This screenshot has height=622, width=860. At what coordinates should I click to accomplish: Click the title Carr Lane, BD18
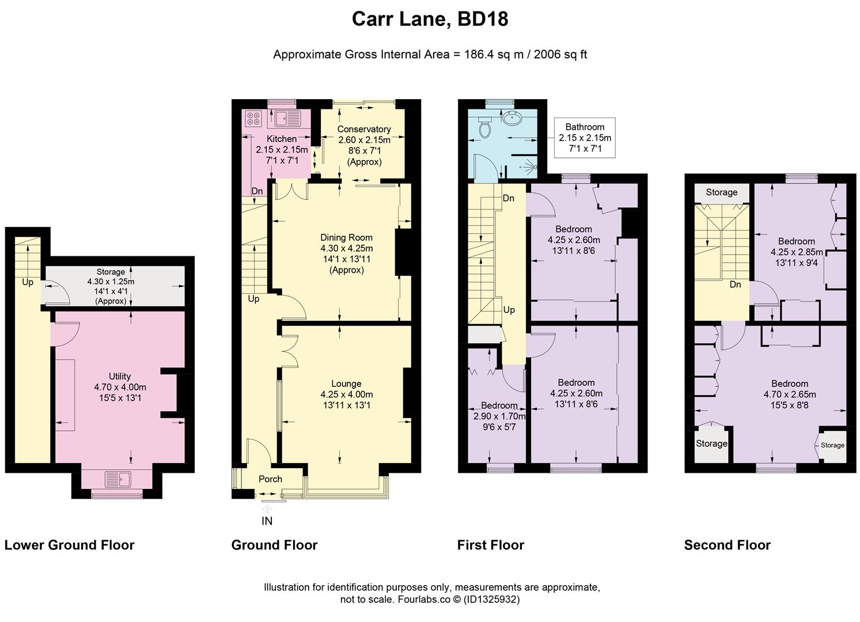pyautogui.click(x=430, y=19)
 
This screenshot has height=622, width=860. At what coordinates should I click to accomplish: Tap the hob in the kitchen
pyautogui.click(x=253, y=118)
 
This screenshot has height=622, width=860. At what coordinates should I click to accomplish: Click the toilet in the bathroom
pyautogui.click(x=485, y=126)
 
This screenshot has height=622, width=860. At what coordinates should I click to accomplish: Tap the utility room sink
pyautogui.click(x=118, y=479)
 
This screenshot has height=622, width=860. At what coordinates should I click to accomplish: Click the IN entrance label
pyautogui.click(x=267, y=521)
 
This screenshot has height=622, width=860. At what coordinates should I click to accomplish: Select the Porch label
pyautogui.click(x=270, y=479)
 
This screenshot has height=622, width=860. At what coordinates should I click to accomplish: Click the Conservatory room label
pyautogui.click(x=364, y=129)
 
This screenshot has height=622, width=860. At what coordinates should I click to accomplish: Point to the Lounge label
pyautogui.click(x=346, y=384)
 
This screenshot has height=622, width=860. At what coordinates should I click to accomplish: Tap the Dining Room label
pyautogui.click(x=346, y=237)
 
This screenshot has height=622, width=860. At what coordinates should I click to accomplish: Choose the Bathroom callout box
pyautogui.click(x=585, y=138)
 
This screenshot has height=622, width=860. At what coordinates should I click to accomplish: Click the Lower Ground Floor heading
pyautogui.click(x=70, y=545)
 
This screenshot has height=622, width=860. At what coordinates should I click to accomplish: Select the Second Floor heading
pyautogui.click(x=727, y=545)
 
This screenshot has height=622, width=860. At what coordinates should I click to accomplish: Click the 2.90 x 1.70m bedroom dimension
pyautogui.click(x=499, y=416)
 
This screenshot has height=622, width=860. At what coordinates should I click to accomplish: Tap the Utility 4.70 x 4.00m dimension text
pyautogui.click(x=120, y=387)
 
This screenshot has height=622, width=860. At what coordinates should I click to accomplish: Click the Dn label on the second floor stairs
pyautogui.click(x=735, y=285)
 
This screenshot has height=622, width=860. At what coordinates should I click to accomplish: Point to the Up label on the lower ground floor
pyautogui.click(x=28, y=282)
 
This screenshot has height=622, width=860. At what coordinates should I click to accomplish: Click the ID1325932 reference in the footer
pyautogui.click(x=491, y=600)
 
